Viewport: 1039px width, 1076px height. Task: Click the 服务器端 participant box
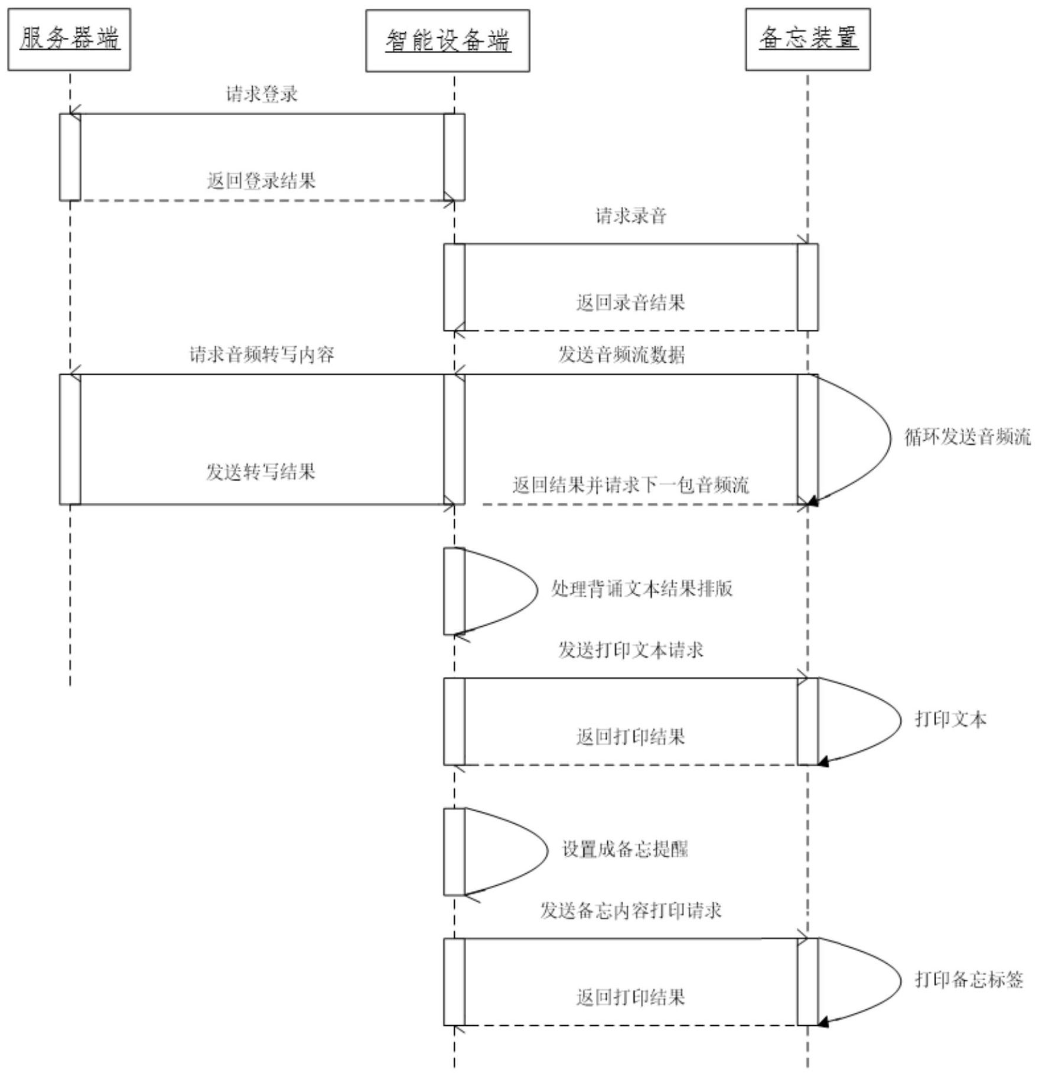click(69, 39)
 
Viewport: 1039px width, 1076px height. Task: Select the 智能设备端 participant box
click(447, 40)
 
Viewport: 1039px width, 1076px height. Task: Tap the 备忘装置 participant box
click(807, 39)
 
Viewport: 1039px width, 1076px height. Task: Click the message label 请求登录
click(262, 94)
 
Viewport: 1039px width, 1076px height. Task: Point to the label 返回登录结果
click(261, 181)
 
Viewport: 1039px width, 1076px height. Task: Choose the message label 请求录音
click(630, 216)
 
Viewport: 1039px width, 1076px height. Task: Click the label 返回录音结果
click(630, 303)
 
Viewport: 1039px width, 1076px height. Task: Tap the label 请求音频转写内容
click(262, 355)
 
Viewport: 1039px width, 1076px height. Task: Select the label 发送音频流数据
click(621, 355)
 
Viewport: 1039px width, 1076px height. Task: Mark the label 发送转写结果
click(260, 472)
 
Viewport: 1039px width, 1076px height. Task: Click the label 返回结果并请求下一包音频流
click(630, 485)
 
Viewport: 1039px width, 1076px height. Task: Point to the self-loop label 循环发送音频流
click(968, 437)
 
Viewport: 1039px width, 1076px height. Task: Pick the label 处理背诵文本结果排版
click(641, 589)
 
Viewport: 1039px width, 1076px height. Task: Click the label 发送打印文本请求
click(630, 650)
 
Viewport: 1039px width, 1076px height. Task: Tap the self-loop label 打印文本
click(950, 719)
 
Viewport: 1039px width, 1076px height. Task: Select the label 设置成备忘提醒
click(624, 849)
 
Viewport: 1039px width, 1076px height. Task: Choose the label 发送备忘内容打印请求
click(630, 911)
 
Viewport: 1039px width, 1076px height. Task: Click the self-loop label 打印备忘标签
click(969, 980)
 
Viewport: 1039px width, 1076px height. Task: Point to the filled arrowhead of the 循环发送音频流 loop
click(813, 502)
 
